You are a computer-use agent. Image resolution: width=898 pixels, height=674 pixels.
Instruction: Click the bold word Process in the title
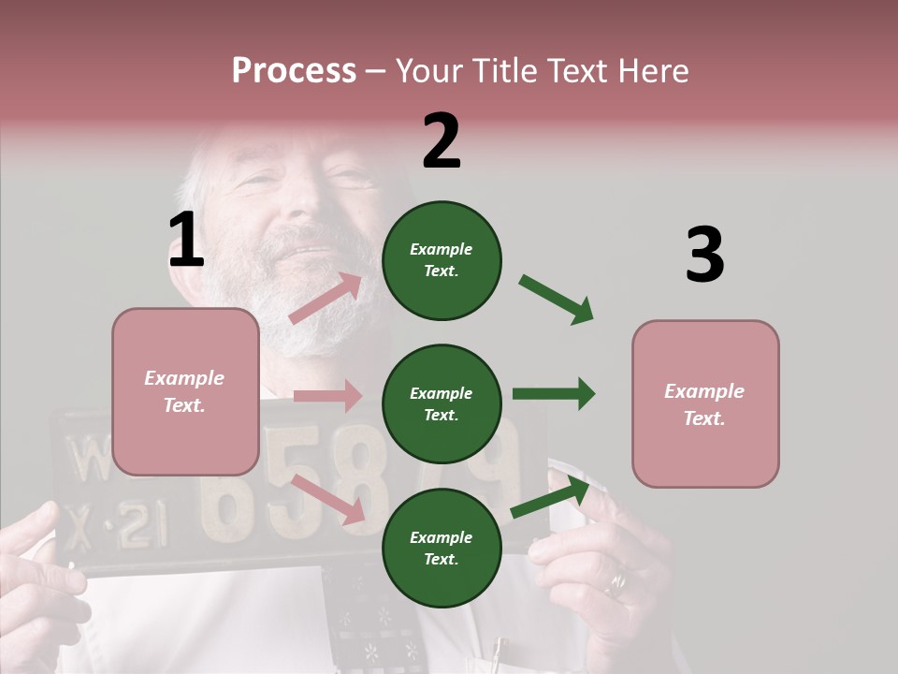(294, 70)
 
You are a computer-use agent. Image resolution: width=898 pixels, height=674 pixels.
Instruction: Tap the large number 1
(186, 240)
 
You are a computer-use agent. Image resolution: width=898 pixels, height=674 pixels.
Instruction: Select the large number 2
(442, 141)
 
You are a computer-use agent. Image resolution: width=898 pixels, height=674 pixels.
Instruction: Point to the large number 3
(704, 255)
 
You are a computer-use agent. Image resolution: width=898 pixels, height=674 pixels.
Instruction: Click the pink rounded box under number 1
(185, 391)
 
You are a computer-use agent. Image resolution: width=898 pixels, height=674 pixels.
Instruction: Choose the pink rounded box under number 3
(705, 403)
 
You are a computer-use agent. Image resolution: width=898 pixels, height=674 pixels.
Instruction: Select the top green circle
(442, 260)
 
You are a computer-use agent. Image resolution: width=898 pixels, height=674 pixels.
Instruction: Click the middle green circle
(442, 403)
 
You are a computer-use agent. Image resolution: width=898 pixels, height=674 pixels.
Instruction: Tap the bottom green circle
(442, 548)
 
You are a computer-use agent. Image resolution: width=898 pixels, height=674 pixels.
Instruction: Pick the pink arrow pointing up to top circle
(326, 299)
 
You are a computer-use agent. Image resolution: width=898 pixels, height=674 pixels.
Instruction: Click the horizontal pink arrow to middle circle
(327, 396)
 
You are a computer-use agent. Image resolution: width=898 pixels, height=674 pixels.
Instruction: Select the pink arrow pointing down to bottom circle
(327, 498)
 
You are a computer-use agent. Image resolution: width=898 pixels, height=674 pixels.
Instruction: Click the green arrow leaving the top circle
(556, 300)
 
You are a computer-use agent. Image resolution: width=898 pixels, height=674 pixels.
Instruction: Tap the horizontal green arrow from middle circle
(553, 393)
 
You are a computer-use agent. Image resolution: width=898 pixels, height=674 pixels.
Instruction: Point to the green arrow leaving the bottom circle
(551, 497)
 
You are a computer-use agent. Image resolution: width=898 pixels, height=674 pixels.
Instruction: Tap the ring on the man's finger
(617, 584)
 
